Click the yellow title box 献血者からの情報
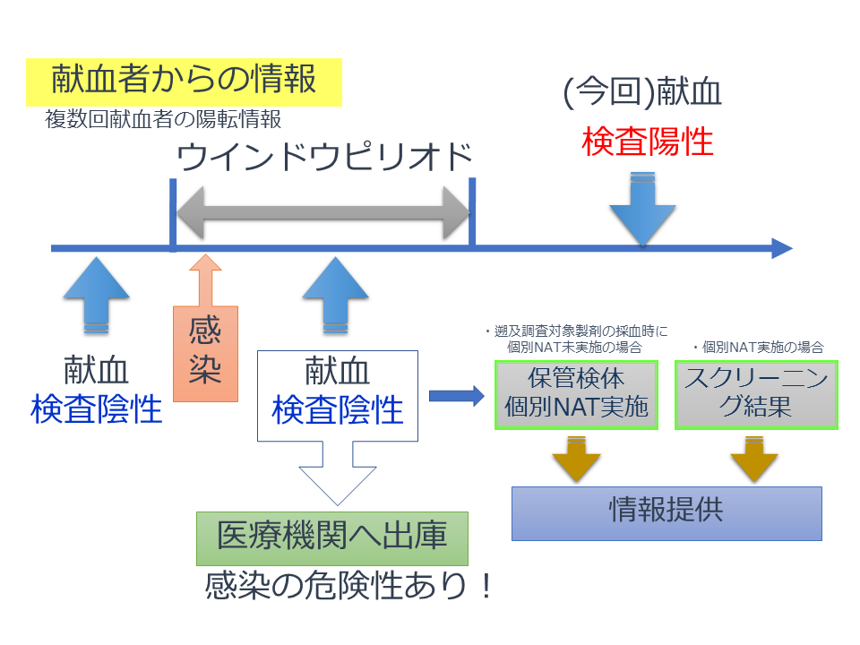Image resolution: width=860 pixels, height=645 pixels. tap(184, 81)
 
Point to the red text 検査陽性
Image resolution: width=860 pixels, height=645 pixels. tap(647, 142)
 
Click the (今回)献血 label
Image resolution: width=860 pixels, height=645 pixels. tap(642, 93)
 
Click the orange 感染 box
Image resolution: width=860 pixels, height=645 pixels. tap(205, 351)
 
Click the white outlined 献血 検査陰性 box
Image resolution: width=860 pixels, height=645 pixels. tap(338, 395)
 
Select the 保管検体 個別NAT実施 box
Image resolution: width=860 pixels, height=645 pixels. tap(576, 394)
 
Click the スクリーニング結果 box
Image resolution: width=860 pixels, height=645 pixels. tap(756, 394)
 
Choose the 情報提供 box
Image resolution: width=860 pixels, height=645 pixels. tap(666, 513)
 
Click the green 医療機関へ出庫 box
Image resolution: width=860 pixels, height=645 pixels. tap(332, 537)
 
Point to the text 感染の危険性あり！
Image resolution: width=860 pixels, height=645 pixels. tap(349, 586)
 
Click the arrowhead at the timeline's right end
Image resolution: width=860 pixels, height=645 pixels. tap(781, 249)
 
